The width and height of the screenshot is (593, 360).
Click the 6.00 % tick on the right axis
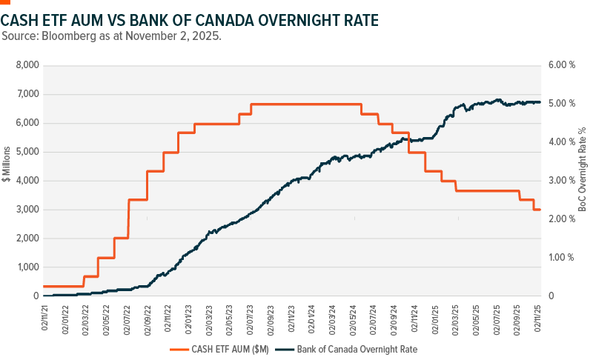[x=561, y=65]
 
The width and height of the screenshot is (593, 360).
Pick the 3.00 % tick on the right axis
[x=561, y=181]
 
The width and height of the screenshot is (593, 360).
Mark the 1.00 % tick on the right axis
[x=561, y=258]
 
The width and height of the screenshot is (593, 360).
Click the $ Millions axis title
[x=7, y=180]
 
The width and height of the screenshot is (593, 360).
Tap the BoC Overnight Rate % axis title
[x=582, y=180]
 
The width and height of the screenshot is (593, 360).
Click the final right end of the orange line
[x=540, y=210]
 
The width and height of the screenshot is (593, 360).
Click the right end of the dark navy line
[x=540, y=102]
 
